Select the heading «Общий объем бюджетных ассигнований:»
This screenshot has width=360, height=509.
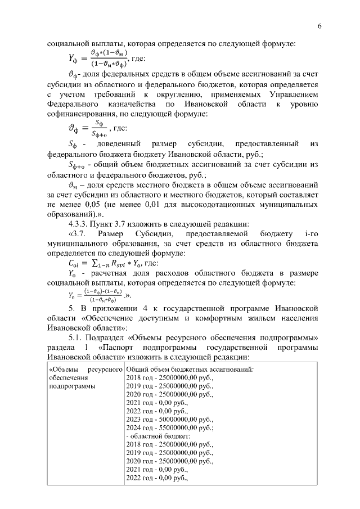(190, 370)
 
